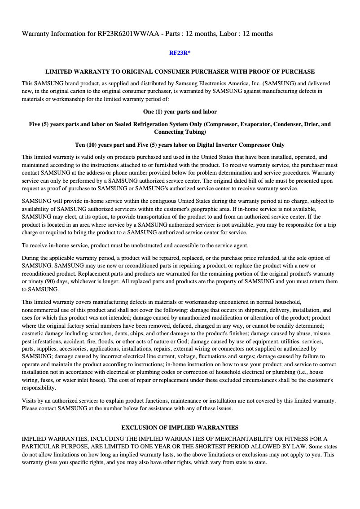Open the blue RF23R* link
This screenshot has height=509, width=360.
(x=180, y=53)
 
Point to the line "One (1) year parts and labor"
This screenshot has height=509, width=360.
(x=180, y=111)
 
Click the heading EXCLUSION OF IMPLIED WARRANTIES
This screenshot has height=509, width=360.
(x=180, y=427)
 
